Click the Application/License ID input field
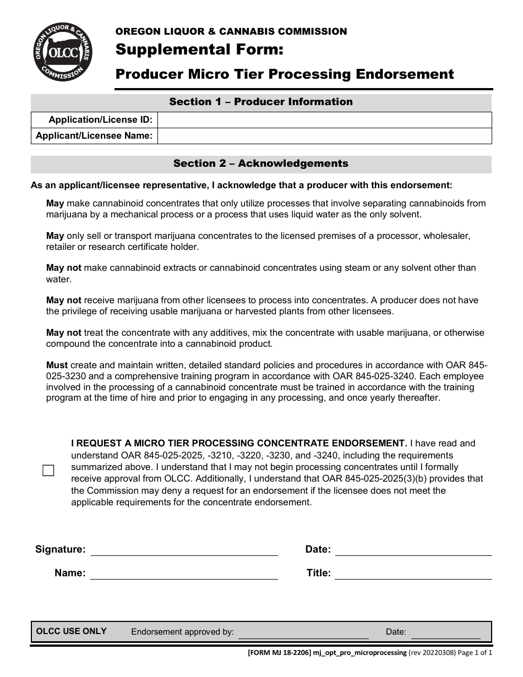coord(324,120)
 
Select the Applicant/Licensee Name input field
coord(324,135)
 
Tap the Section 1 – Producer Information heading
coord(261,102)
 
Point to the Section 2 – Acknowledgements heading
coord(261,163)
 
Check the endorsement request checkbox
coord(48,471)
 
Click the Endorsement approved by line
coord(303,632)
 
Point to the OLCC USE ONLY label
coord(71,631)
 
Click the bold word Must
coord(57,365)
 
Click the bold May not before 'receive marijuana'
coord(63,300)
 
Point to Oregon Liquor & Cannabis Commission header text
coord(231,31)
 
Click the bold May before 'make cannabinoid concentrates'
coord(55,203)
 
